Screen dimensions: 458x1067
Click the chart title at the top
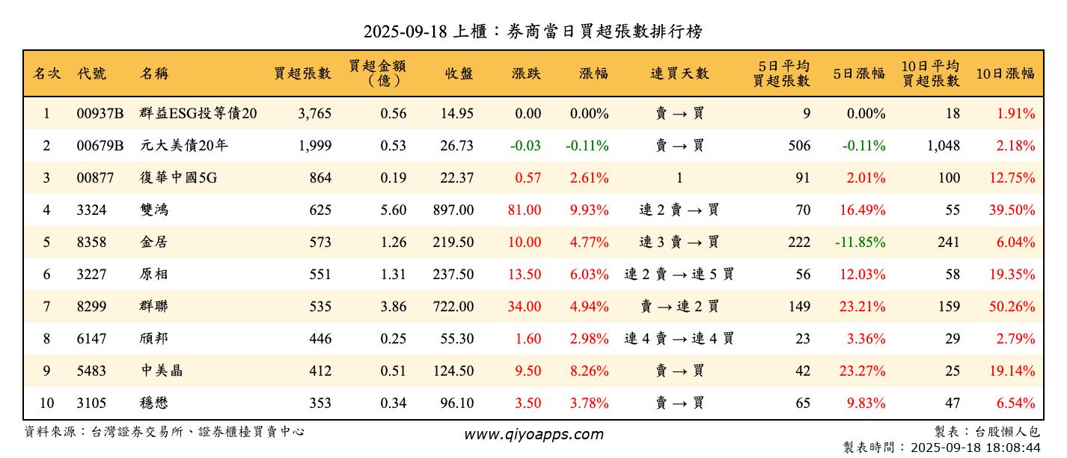(533, 31)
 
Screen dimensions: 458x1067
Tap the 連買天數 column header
(679, 73)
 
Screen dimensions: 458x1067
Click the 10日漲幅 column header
(1005, 73)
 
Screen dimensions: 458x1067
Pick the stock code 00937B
(100, 114)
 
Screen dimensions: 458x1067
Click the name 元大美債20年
(184, 146)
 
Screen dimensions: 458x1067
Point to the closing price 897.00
(453, 210)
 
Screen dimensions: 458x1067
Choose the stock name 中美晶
(161, 371)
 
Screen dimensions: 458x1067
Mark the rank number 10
(46, 403)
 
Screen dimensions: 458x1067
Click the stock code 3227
(91, 275)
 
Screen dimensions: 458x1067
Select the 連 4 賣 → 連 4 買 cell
(679, 339)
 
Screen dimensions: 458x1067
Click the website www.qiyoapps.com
(533, 434)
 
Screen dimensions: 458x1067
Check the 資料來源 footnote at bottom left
(165, 432)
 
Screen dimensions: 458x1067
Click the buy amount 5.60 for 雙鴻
(393, 210)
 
